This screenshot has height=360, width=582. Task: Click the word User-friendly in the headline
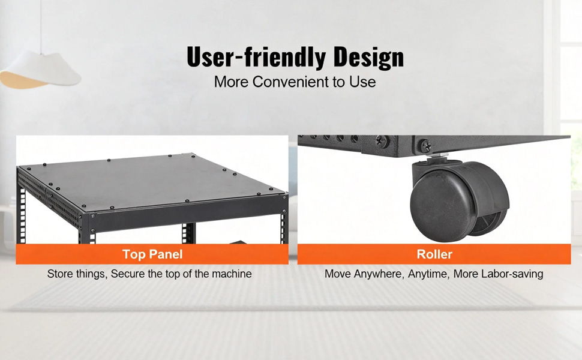tap(256, 57)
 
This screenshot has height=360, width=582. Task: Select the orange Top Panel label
tap(152, 254)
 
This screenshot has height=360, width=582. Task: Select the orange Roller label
tap(434, 254)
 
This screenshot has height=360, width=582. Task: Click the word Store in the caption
tap(60, 274)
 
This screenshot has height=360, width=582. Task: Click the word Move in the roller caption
tap(337, 274)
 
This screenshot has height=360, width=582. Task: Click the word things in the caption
tap(91, 274)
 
